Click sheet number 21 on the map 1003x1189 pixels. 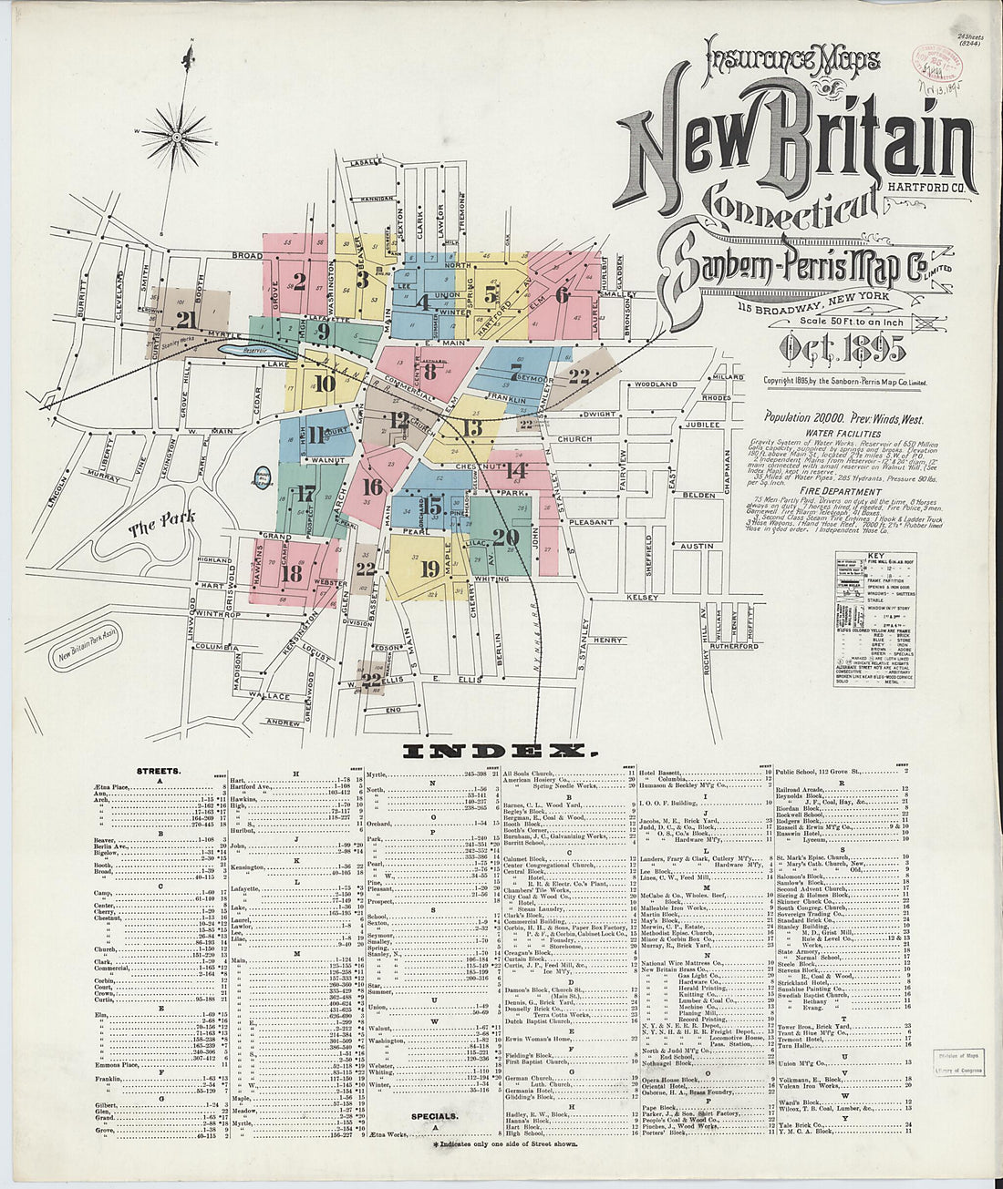click(x=189, y=319)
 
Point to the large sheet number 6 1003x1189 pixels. click(x=561, y=293)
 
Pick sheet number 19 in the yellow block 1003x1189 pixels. click(x=430, y=568)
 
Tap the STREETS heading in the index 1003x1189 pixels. click(x=159, y=771)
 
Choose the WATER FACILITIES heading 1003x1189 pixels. click(x=843, y=434)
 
